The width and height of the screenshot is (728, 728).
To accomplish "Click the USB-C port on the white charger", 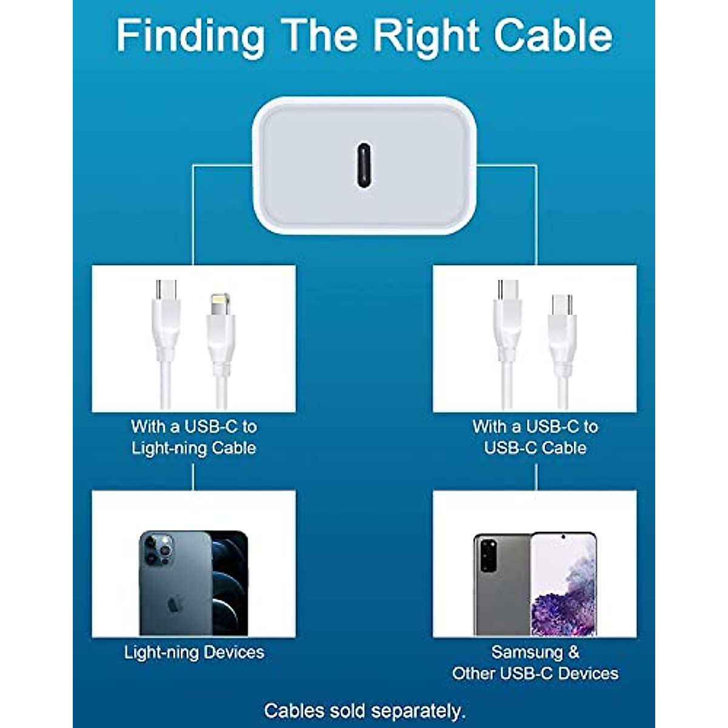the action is (363, 165).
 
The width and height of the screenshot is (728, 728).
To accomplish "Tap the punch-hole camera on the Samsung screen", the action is (563, 538).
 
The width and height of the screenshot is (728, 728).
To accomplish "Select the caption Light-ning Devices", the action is (194, 652).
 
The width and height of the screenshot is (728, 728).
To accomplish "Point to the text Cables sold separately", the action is (365, 710).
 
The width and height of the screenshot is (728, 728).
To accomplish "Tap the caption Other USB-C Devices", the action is (535, 673).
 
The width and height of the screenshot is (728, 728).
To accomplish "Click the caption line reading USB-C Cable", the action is (535, 448).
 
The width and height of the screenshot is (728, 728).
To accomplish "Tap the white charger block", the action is (364, 165).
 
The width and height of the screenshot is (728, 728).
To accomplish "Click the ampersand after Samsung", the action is (573, 652).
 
